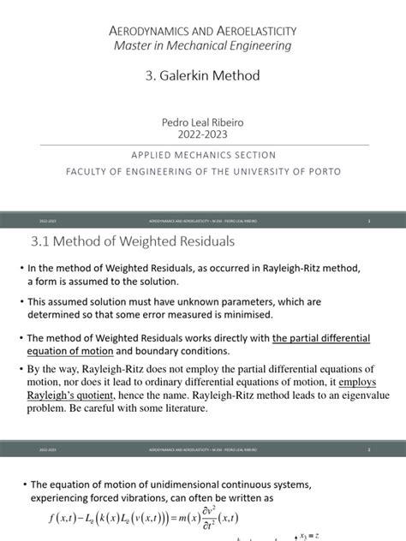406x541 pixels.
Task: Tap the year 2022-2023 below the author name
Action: [203, 135]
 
